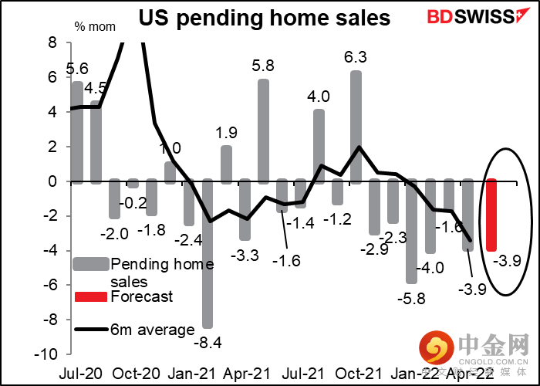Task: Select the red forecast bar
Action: (491, 215)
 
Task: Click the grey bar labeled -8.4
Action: (208, 254)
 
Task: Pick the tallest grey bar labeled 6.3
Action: (356, 127)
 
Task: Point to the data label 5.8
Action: (262, 66)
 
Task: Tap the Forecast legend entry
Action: (143, 296)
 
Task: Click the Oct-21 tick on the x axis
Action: (356, 371)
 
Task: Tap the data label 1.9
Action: (225, 132)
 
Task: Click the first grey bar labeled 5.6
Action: (76, 132)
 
